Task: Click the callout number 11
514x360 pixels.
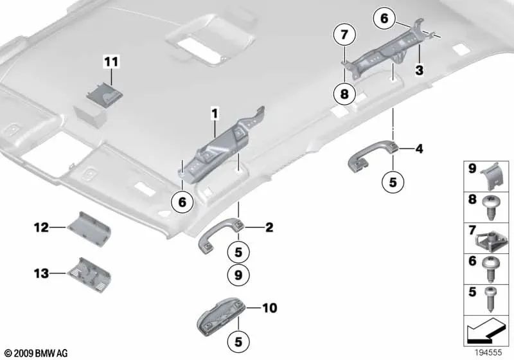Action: coord(112,62)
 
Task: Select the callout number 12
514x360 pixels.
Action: coord(42,226)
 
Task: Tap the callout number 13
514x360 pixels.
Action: coord(42,274)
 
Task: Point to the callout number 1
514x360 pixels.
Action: coord(215,114)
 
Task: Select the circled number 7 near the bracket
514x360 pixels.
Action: coord(344,33)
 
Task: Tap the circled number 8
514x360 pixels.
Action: coord(344,94)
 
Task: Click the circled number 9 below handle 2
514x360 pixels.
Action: coord(237,276)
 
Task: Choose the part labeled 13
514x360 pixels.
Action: coord(92,274)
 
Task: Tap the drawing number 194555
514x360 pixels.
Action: coord(488,353)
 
